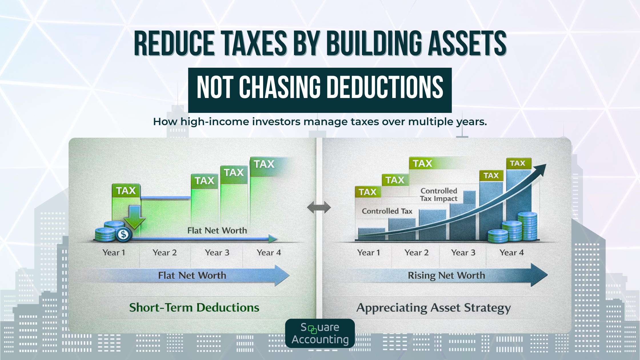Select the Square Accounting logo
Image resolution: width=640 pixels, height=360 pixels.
point(320,333)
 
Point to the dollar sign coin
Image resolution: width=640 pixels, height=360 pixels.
point(123,235)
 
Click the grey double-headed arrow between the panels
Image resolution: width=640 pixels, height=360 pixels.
point(319,207)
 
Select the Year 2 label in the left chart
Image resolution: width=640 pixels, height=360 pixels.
point(165,253)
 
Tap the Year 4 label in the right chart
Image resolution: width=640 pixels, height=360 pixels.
point(511,253)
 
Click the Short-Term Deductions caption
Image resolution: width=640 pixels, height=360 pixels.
point(194,308)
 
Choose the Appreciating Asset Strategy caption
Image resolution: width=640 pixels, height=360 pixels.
point(433,308)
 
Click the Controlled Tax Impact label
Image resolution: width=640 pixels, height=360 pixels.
point(439,195)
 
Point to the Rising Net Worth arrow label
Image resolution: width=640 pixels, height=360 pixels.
point(446,275)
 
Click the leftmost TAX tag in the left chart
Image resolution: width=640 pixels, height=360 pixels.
point(126,191)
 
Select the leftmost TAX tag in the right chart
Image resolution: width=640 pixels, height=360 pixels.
point(367,192)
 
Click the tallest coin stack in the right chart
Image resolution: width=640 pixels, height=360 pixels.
point(527,226)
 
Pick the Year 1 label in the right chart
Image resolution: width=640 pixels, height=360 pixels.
point(369,253)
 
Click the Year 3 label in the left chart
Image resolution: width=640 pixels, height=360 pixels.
point(217,253)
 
